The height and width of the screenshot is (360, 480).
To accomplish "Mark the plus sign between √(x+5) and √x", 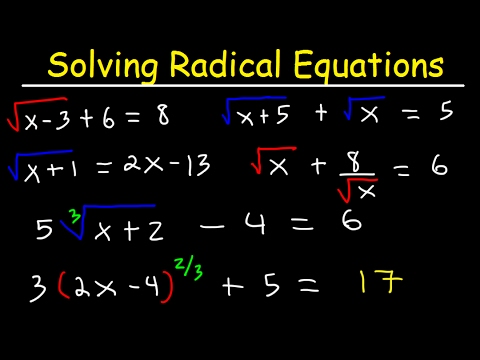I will coord(323,113).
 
